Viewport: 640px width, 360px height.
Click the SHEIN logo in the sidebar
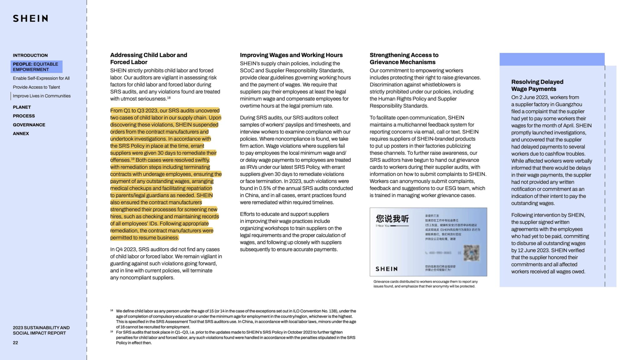(x=30, y=18)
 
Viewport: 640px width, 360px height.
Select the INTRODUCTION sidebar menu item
(x=30, y=55)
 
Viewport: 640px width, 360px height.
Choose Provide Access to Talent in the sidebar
(x=36, y=87)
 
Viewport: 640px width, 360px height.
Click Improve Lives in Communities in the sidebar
(x=42, y=96)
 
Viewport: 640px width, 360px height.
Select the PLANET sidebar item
(x=22, y=107)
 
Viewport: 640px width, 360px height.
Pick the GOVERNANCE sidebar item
(x=29, y=125)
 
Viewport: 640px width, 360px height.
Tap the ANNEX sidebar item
(x=21, y=133)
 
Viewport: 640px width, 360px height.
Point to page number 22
(x=15, y=342)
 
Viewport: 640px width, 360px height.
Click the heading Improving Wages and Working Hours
(x=291, y=55)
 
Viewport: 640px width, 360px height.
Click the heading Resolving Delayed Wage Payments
(x=537, y=85)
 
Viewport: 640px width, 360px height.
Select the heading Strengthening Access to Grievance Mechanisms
(x=404, y=58)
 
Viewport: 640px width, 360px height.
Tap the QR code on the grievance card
(x=471, y=252)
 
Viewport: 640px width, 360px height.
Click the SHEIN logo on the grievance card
(x=387, y=269)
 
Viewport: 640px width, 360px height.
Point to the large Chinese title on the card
(x=392, y=218)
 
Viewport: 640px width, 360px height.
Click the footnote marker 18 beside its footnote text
(x=112, y=311)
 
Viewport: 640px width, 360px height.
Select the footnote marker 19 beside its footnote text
(x=112, y=332)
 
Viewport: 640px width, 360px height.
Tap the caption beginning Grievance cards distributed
(x=425, y=284)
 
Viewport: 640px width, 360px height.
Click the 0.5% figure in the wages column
(x=265, y=188)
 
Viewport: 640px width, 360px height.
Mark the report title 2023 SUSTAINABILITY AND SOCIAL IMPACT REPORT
(x=41, y=330)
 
